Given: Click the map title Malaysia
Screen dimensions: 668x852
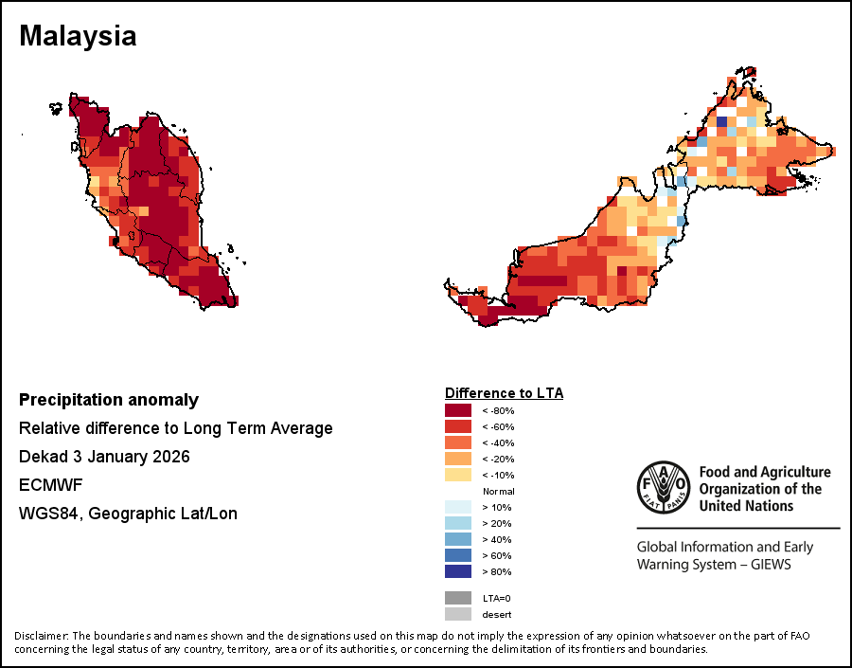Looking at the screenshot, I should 78,36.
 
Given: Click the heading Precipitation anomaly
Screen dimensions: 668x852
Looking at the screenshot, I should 109,400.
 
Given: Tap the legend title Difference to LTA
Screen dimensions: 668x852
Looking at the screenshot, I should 504,392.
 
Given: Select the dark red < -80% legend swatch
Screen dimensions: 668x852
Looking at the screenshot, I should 458,410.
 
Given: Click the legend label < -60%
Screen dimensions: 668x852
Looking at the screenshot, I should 497,426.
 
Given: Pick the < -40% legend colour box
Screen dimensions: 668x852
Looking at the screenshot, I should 458,442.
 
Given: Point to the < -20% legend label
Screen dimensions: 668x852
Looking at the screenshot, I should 497,459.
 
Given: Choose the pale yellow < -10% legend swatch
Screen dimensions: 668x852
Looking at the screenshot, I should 458,475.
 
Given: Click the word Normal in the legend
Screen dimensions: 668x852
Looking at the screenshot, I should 498,491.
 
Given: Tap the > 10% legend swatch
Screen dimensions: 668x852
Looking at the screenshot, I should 458,507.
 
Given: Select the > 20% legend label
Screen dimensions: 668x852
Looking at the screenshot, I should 497,523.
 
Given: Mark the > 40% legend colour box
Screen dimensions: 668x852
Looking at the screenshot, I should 458,539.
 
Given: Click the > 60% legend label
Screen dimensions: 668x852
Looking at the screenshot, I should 497,555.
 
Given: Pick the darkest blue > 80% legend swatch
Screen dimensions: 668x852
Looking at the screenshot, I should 458,571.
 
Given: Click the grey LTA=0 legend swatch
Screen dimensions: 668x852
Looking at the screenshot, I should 458,598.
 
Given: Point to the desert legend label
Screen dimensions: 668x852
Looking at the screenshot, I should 497,614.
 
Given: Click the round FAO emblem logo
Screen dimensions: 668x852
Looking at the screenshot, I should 664,487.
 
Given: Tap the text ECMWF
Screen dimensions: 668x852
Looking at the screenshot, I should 49,485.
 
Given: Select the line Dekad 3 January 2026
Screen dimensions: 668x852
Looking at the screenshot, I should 104,457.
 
